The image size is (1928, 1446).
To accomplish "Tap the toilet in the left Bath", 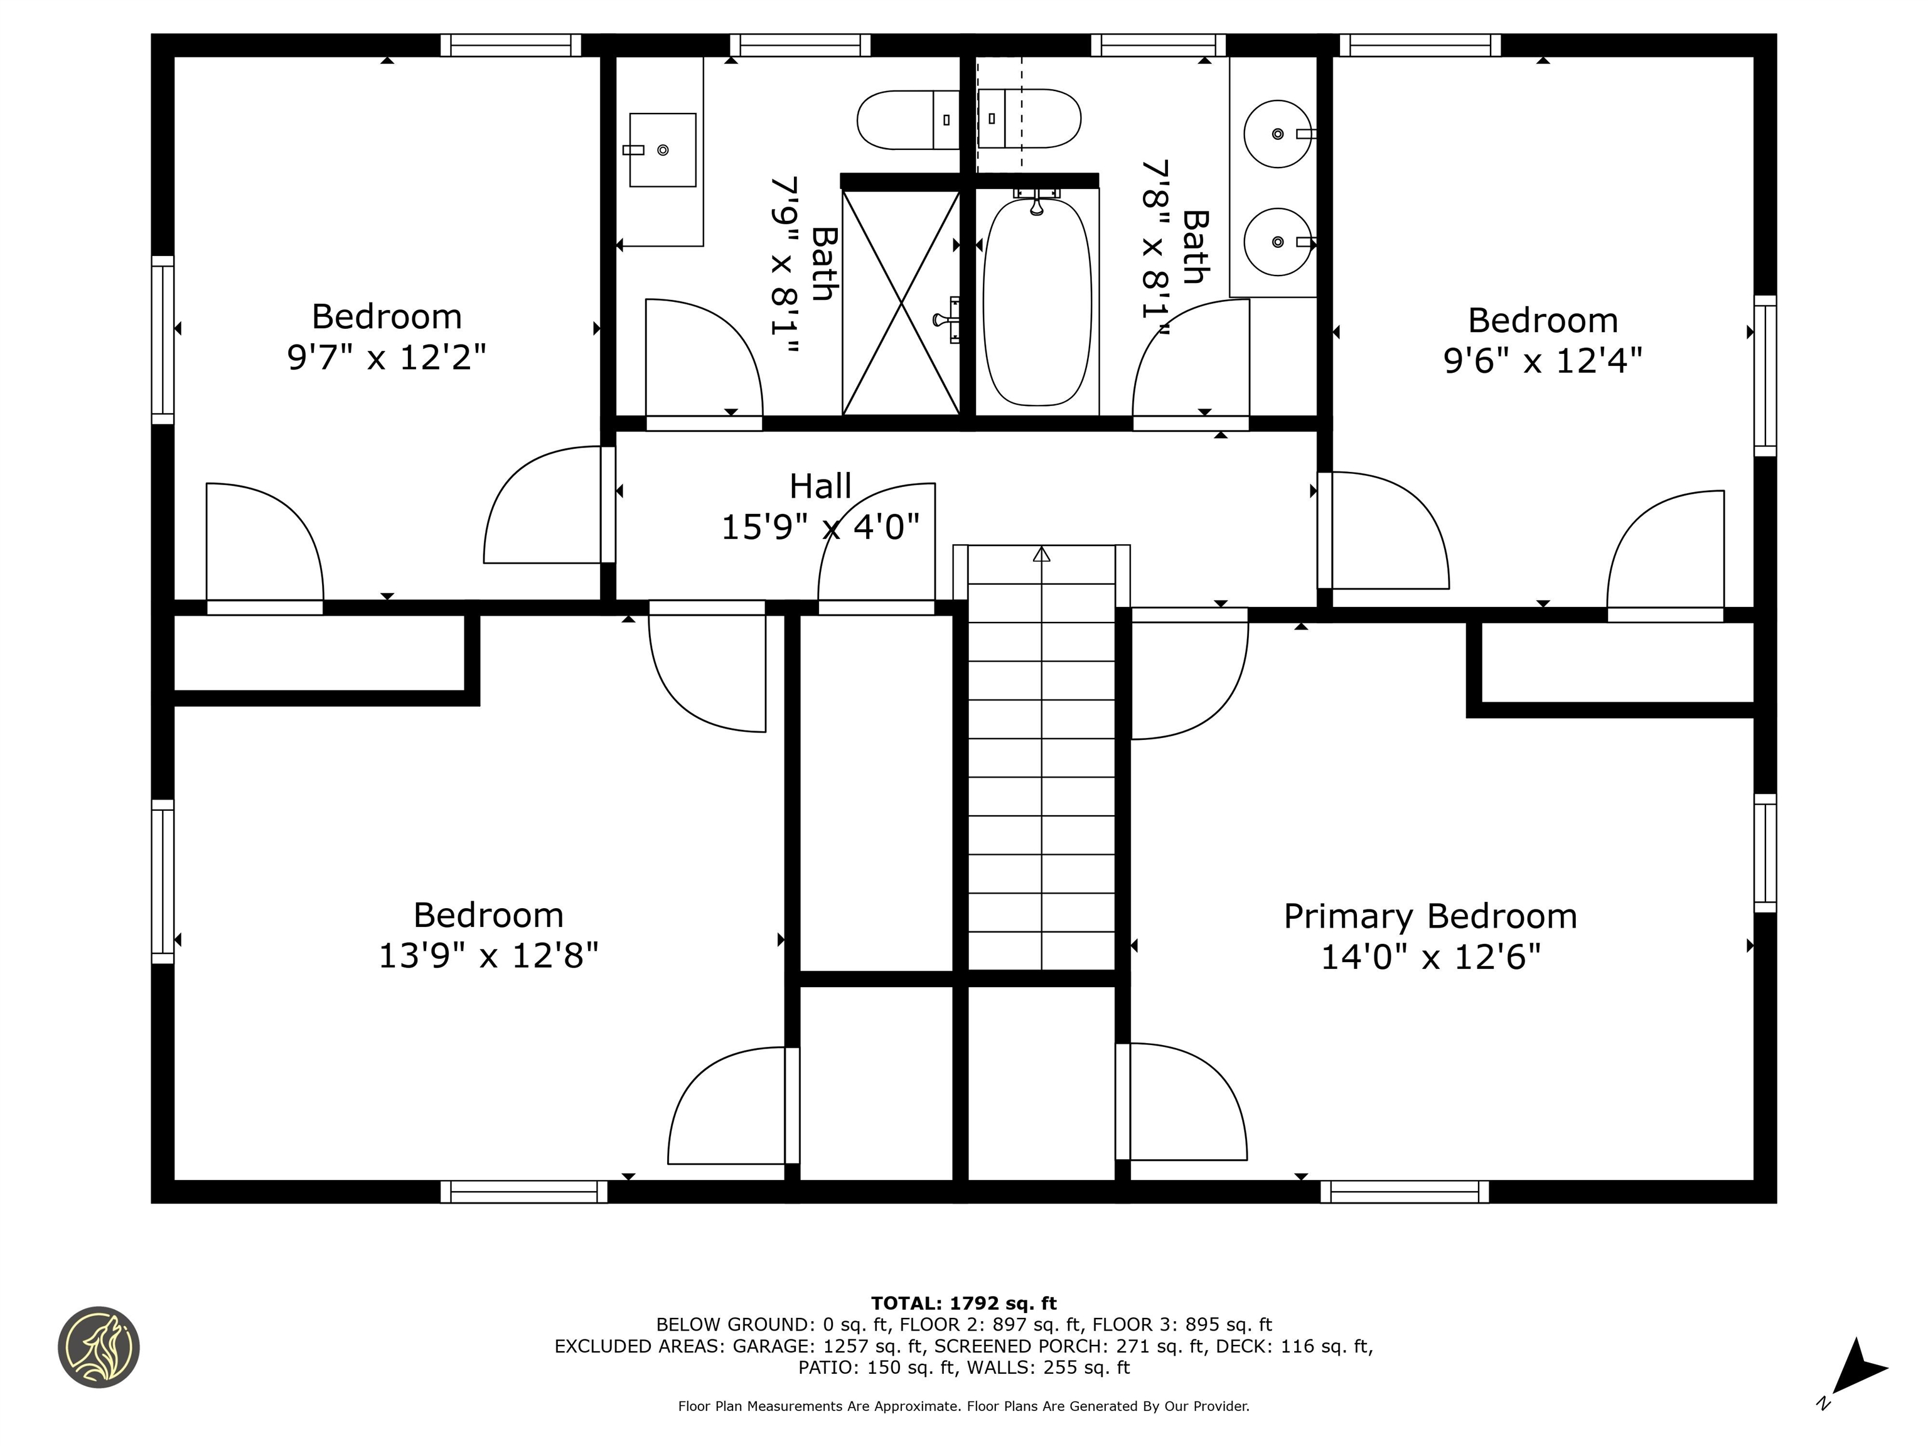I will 906,119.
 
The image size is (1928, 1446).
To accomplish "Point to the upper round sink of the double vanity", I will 1277,133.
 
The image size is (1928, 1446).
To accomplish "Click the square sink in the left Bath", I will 662,150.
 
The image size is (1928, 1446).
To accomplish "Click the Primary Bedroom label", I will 1430,917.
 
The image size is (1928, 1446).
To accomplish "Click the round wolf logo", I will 99,1347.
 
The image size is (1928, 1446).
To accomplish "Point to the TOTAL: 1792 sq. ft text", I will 963,1303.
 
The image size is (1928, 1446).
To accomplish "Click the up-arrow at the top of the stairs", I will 1042,554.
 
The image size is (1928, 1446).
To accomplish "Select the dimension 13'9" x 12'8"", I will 488,956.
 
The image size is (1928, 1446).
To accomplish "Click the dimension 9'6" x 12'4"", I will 1542,361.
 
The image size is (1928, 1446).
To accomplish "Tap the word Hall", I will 820,486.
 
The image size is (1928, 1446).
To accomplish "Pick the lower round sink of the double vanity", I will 1277,242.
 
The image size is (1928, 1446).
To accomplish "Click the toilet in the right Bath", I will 1031,119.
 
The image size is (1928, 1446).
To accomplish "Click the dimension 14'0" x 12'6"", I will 1430,958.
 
